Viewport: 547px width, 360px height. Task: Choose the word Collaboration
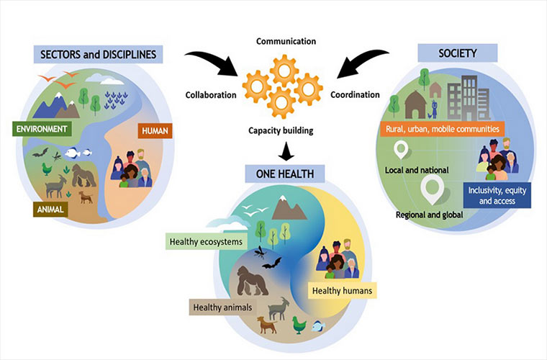(212, 94)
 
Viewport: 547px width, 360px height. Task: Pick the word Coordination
(355, 94)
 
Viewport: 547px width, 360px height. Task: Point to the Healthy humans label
(342, 291)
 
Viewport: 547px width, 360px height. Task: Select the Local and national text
(416, 170)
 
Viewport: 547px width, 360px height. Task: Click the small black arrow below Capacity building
(286, 150)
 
